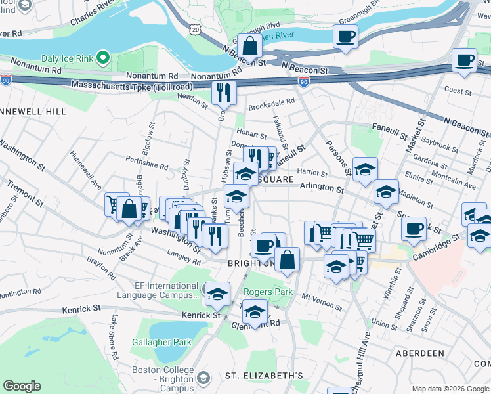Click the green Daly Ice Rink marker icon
point(102,58)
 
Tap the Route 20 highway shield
point(196,29)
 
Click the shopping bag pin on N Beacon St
point(249,47)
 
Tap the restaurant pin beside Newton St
point(224,93)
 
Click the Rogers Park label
point(265,292)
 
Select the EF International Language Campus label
point(157,290)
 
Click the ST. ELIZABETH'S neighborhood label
point(264,376)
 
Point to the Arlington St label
point(322,189)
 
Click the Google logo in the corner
point(22,386)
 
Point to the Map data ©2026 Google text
point(450,389)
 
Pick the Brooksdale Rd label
point(271,103)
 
